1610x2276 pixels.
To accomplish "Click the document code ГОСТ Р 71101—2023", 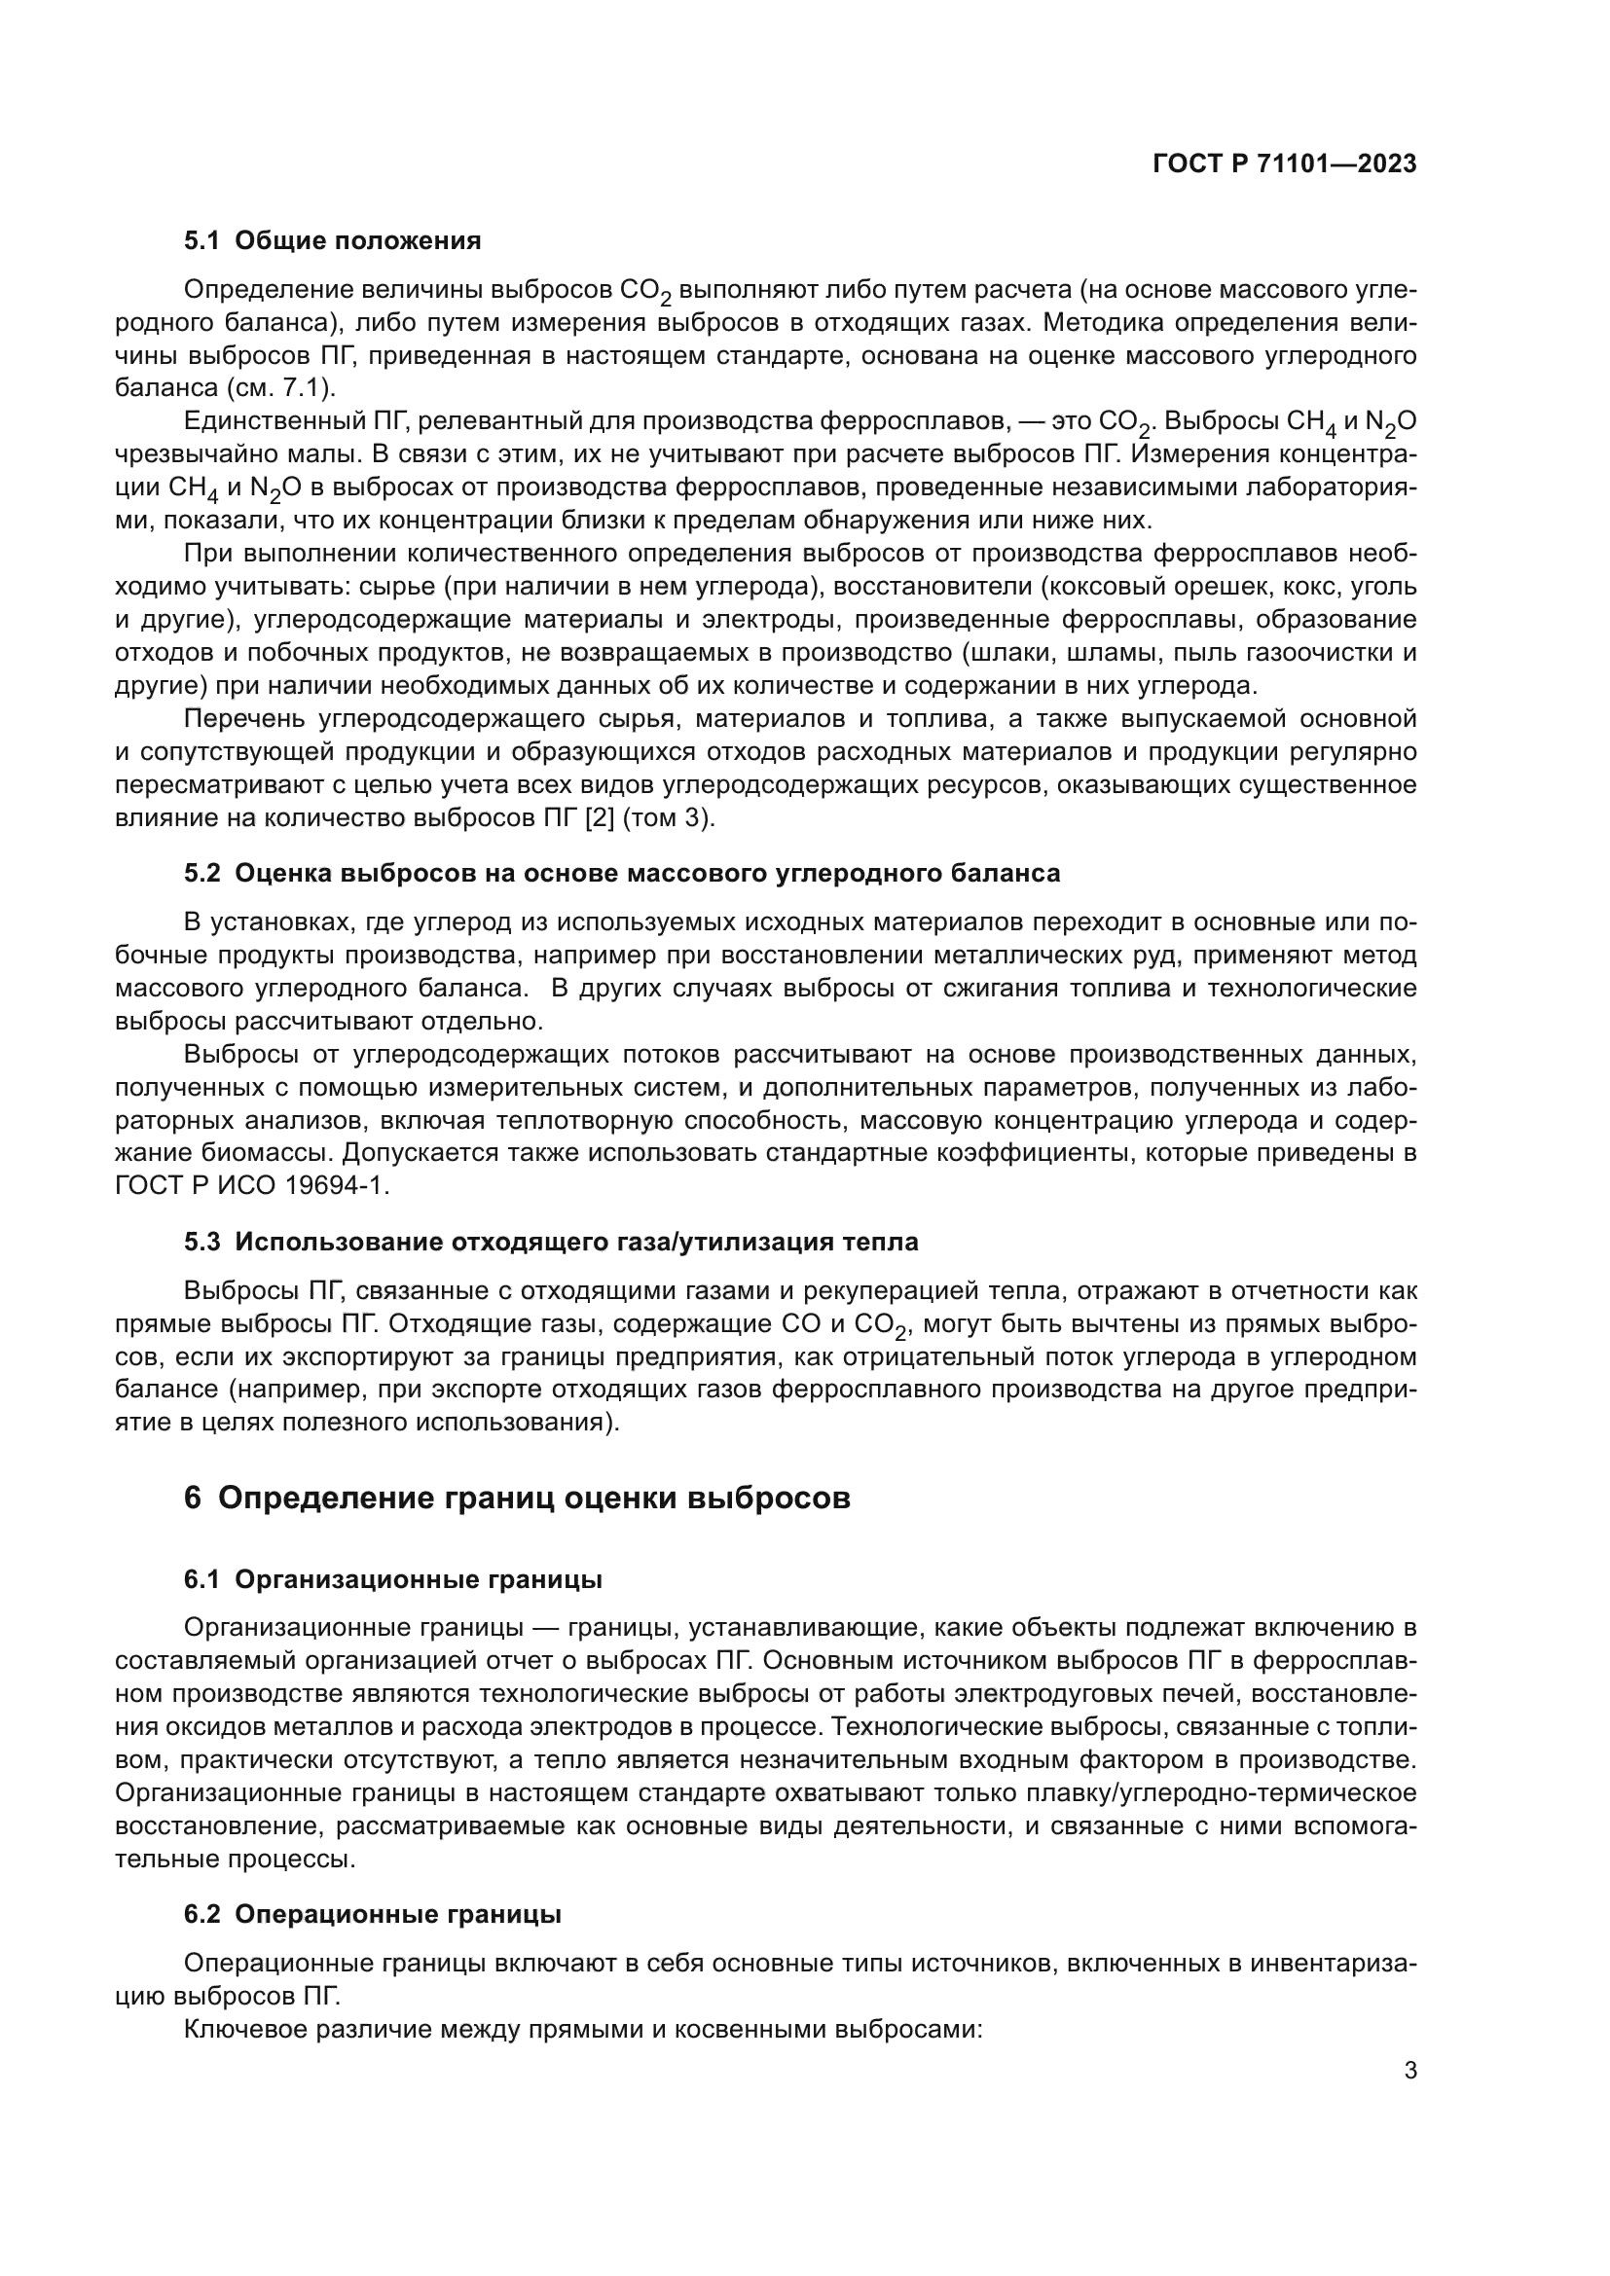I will [1284, 164].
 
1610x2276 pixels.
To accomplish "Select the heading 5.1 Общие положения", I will [332, 241].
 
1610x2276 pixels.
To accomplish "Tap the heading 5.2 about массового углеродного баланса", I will [622, 873].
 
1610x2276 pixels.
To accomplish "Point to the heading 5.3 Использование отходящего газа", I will [550, 1242].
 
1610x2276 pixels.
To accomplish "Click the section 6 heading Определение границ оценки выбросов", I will [517, 1498].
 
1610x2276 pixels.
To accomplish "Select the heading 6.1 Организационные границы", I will [392, 1580].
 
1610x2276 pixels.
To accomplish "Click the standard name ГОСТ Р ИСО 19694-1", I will [252, 1186].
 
